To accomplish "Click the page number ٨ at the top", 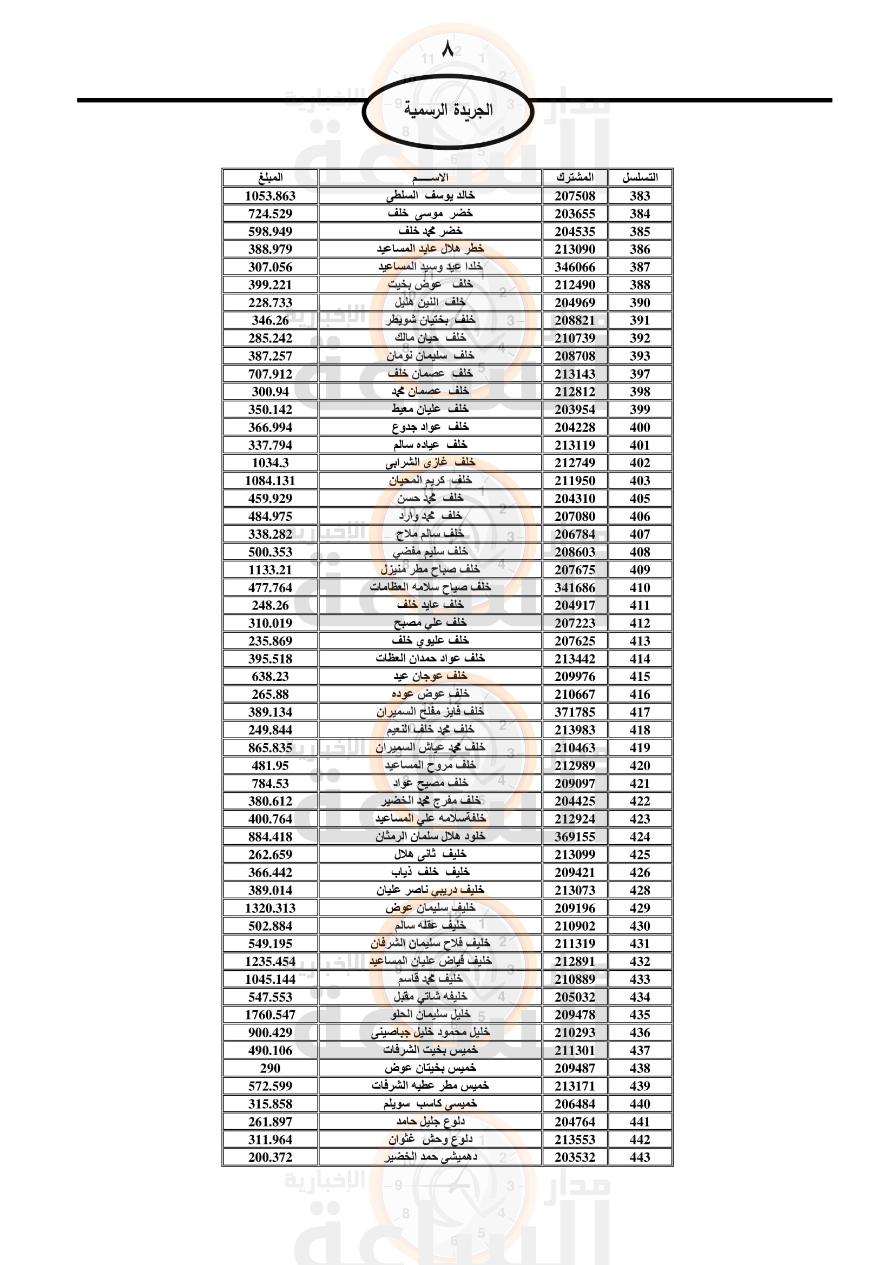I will [448, 50].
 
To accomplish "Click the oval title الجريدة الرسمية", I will [448, 110].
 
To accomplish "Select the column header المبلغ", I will [270, 177].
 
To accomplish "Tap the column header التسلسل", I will [640, 177].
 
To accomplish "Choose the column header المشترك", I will [575, 177].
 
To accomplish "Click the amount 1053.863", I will [270, 196].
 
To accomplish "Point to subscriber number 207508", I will [575, 196].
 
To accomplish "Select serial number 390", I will [640, 302].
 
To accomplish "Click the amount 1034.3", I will [270, 463].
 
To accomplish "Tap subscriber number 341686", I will [575, 587].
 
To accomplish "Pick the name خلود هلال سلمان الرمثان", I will [430, 836].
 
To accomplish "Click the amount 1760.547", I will [270, 1014].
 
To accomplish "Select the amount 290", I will [270, 1068].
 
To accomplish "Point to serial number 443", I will [640, 1157].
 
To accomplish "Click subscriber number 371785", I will [575, 712].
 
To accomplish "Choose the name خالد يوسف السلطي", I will [430, 196].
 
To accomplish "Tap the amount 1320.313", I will [270, 908].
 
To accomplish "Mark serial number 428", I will [640, 890].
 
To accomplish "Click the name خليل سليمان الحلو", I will [430, 1014].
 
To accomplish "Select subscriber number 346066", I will [575, 267].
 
